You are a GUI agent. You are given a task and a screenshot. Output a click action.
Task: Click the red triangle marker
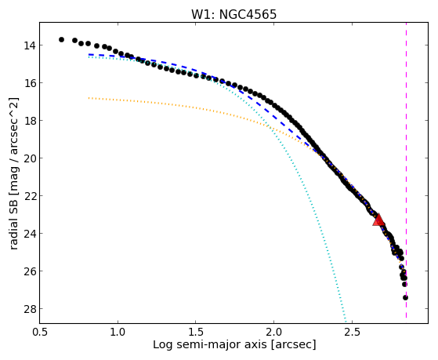click(378, 220)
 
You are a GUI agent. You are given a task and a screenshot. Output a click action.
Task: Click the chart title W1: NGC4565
click(233, 15)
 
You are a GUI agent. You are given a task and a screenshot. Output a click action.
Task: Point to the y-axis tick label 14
click(29, 45)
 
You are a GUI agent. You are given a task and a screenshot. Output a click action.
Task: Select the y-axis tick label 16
click(29, 83)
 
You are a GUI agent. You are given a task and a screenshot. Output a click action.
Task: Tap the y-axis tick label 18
click(29, 121)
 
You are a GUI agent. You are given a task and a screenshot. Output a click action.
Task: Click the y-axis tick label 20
click(29, 158)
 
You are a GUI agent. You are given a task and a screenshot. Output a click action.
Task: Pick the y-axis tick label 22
click(29, 196)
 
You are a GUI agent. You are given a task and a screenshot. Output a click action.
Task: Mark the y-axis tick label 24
click(29, 234)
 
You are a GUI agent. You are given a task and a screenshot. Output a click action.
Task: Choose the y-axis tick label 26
click(29, 271)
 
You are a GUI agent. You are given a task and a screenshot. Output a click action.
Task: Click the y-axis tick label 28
click(29, 309)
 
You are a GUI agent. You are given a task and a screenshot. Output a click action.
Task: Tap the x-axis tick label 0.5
click(40, 332)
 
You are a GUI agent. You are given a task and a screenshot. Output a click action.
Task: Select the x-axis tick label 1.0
click(118, 332)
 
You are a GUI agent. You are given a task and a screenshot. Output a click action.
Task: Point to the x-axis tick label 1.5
click(196, 332)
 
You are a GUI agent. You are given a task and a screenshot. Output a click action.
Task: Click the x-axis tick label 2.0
click(273, 332)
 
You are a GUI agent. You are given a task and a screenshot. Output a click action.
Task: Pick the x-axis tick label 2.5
click(352, 332)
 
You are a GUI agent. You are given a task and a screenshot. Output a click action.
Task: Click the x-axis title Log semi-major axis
click(210, 345)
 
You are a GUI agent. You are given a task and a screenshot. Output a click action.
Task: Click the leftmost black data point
click(61, 40)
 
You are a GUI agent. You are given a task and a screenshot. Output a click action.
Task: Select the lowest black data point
click(405, 297)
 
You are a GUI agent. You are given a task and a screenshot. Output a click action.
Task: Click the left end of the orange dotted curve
click(89, 98)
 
